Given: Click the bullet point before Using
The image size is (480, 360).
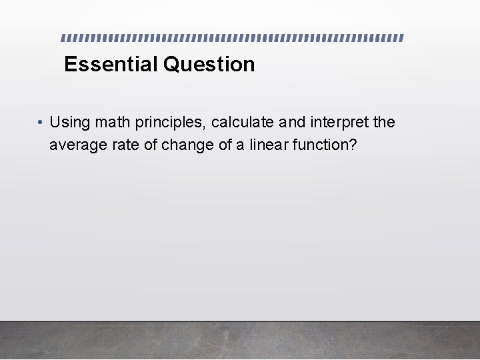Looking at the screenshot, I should point(41,123).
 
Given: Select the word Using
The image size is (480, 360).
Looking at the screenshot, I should point(70,122).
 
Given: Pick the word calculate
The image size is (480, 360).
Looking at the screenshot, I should point(243,122).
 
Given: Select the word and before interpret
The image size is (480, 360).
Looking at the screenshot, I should point(292,122).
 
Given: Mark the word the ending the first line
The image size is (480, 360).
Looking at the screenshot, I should point(384,122).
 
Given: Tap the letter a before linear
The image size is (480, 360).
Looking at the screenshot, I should point(239,145).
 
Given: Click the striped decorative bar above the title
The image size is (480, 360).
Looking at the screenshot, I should point(233,37).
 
